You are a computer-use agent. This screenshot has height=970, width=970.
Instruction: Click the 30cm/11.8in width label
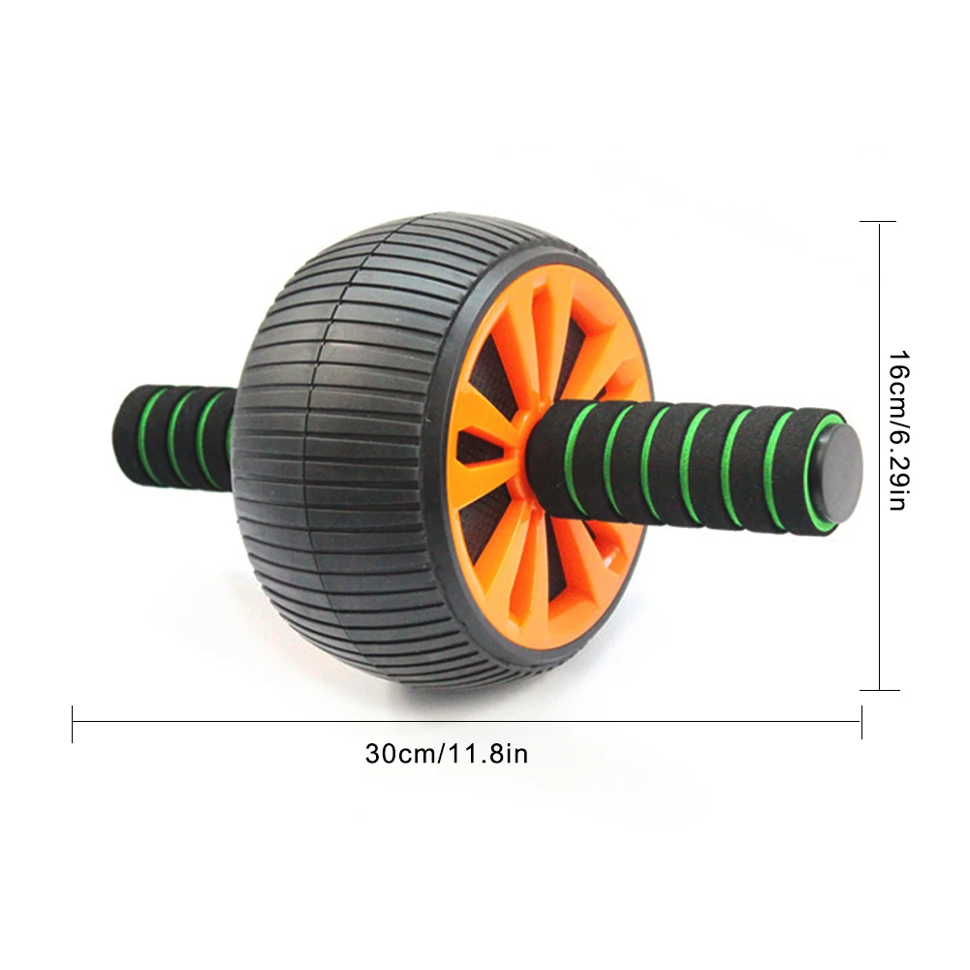pyautogui.click(x=447, y=753)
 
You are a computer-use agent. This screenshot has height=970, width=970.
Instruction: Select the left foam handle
pyautogui.click(x=174, y=436)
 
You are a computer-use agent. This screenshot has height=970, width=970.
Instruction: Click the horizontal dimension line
pyautogui.click(x=465, y=720)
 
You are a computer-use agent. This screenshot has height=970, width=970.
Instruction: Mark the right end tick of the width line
pyautogui.click(x=861, y=721)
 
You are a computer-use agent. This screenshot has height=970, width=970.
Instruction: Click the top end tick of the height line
pyautogui.click(x=879, y=222)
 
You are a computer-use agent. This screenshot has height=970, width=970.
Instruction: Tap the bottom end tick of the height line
pyautogui.click(x=879, y=690)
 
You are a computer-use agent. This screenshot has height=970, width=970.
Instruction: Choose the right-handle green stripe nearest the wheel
pyautogui.click(x=579, y=457)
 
